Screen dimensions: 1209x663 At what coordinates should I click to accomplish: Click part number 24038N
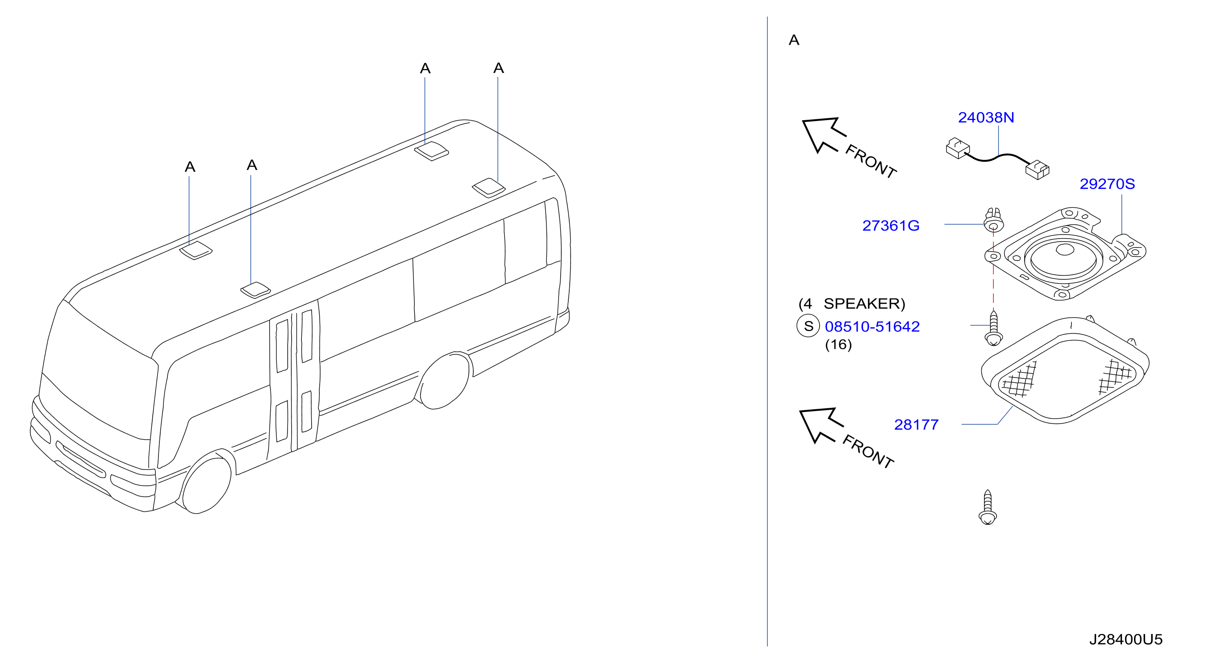pos(986,117)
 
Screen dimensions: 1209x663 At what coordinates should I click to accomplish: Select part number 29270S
pos(1107,184)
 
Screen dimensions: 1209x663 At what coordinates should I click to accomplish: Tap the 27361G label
pos(891,226)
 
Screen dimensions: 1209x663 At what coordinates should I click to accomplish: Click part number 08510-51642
pos(872,326)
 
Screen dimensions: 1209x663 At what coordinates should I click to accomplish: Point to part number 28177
pos(916,424)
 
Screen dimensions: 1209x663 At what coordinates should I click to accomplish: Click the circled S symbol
pos(808,326)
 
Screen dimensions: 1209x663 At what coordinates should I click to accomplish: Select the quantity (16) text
pos(838,344)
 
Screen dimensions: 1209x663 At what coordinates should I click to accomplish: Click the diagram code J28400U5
pos(1126,639)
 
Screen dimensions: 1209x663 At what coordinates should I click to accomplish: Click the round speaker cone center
pos(1064,249)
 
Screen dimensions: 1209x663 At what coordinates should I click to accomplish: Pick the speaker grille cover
pos(1065,371)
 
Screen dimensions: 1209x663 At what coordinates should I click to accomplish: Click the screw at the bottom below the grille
pos(988,507)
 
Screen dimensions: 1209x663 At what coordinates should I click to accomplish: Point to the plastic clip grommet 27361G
pos(993,220)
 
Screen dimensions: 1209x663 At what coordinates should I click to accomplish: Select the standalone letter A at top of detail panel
pos(794,40)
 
